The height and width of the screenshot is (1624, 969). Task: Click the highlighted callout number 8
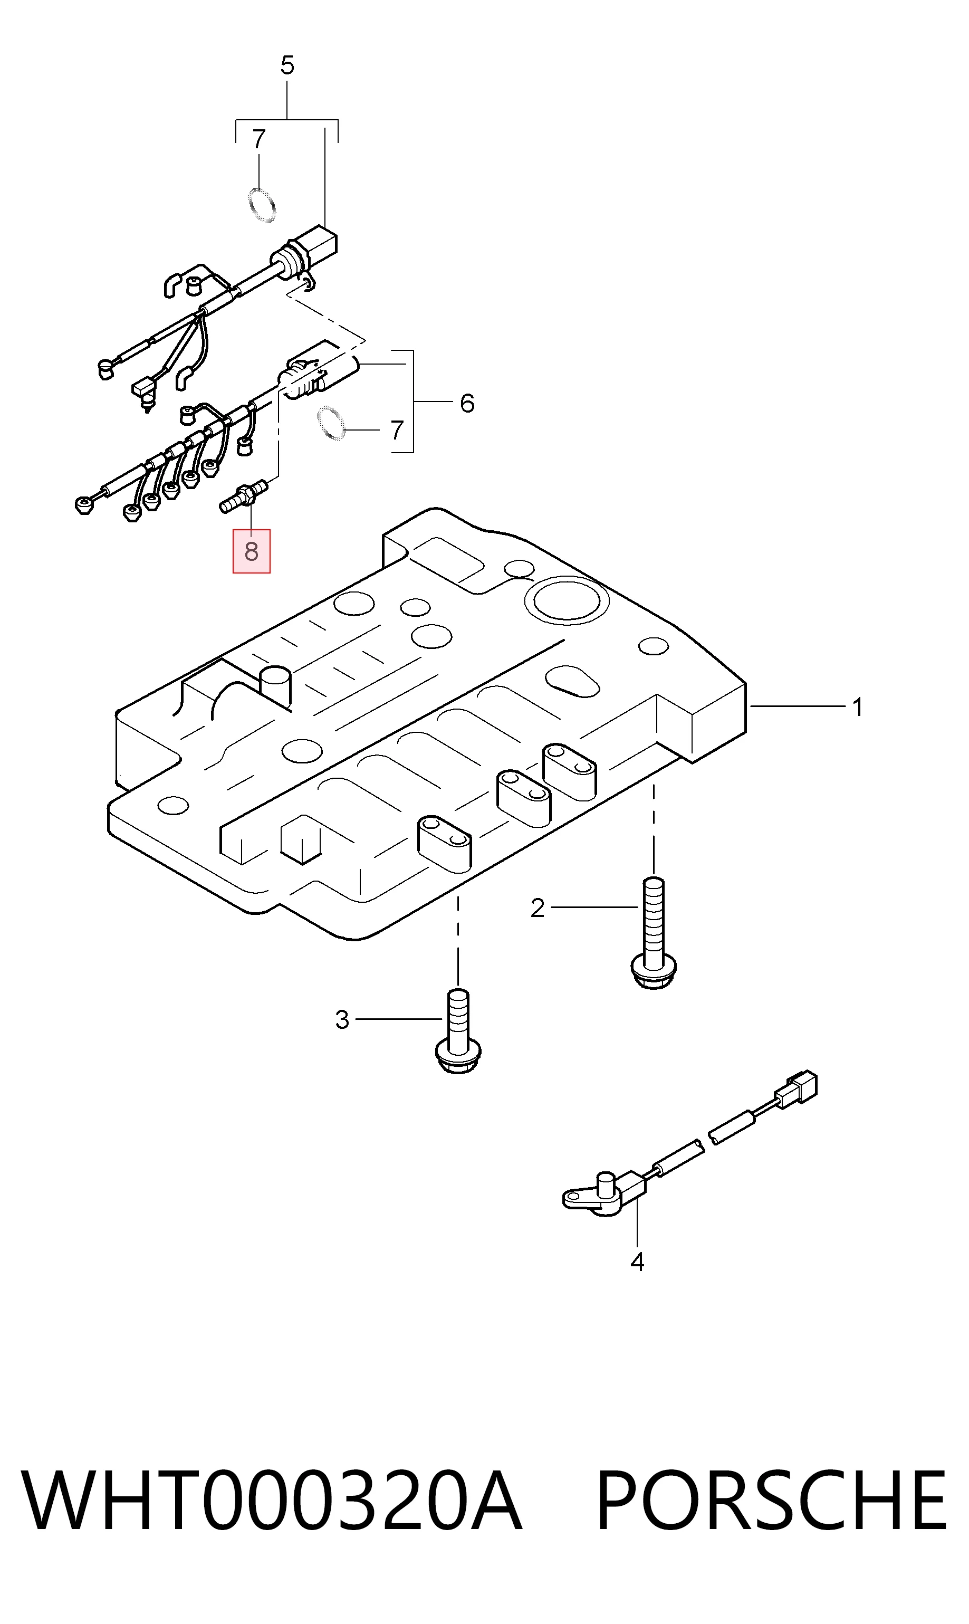click(x=252, y=552)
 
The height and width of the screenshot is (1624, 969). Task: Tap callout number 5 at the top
click(x=287, y=65)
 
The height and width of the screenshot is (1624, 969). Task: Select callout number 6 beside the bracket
click(x=467, y=404)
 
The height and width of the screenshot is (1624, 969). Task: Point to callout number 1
click(x=858, y=707)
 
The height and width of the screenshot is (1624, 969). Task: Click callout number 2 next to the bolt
click(x=538, y=907)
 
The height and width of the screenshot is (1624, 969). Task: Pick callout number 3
click(x=342, y=1019)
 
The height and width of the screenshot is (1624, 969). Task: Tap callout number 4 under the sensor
click(x=637, y=1262)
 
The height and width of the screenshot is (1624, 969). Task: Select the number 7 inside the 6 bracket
click(x=397, y=431)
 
